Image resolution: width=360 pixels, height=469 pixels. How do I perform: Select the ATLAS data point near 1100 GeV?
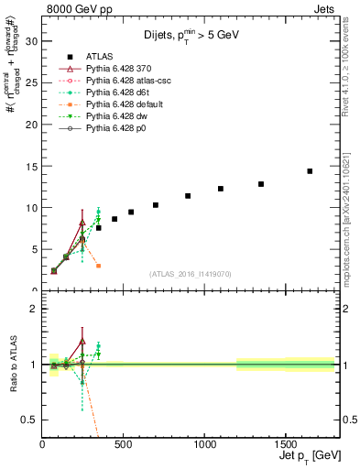pos(221,189)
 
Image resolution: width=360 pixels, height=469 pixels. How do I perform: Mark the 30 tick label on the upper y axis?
pos(30,41)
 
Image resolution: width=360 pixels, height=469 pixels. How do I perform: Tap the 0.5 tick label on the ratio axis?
pos(27,420)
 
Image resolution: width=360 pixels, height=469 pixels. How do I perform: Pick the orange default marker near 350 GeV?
pos(98,266)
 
